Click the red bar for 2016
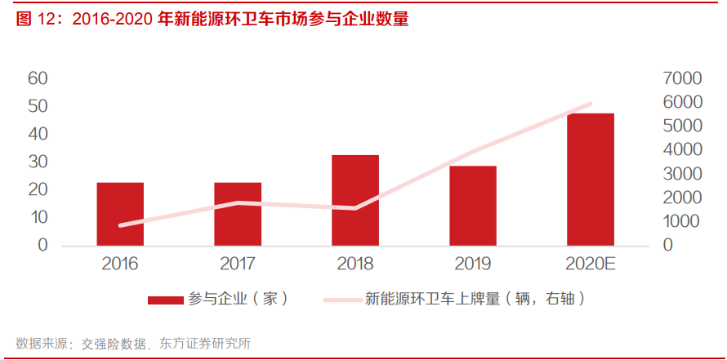[120, 214]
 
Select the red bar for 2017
[238, 214]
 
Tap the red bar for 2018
[355, 200]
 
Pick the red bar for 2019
[473, 206]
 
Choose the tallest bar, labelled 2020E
[591, 180]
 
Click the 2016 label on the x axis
[120, 264]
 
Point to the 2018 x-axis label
[355, 264]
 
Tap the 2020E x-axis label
[591, 264]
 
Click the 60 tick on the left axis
[38, 78]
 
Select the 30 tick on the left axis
[38, 162]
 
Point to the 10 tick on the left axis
[38, 217]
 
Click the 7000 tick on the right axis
[683, 78]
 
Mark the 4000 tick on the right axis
[683, 150]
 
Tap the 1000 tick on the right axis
[683, 221]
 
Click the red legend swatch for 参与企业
[165, 300]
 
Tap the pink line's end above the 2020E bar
[590, 104]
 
